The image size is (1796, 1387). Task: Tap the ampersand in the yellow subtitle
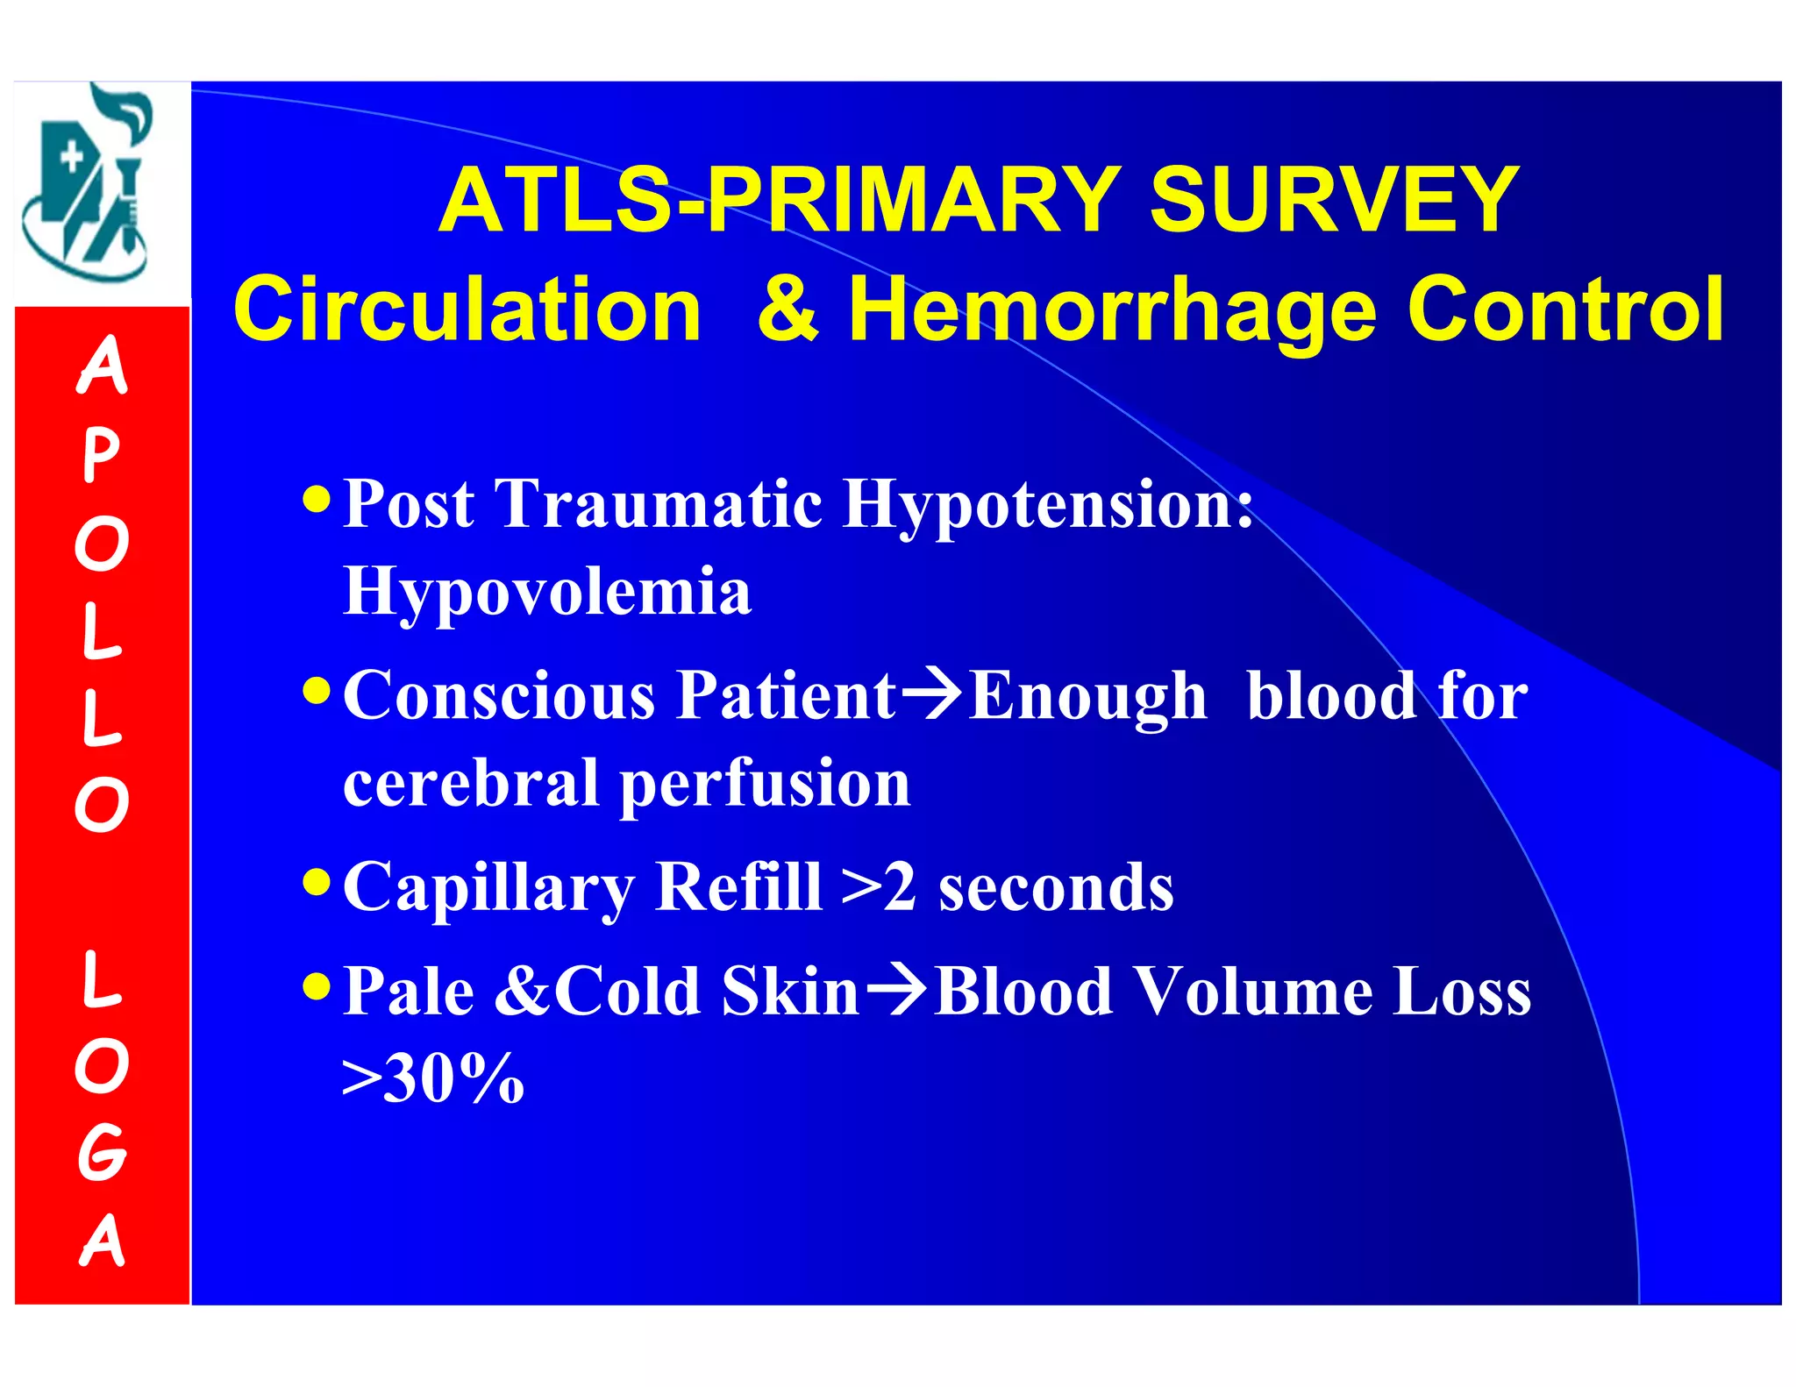point(788,309)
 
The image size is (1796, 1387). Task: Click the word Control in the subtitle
point(1565,309)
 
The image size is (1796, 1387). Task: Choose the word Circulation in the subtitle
point(467,309)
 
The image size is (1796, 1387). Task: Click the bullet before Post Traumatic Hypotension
point(316,501)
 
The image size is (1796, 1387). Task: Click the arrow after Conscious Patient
point(931,695)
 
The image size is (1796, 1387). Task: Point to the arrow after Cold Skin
point(895,990)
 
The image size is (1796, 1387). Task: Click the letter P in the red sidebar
point(101,456)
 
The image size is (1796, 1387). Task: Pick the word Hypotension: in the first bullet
point(1047,506)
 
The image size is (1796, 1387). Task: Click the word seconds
point(1056,887)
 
